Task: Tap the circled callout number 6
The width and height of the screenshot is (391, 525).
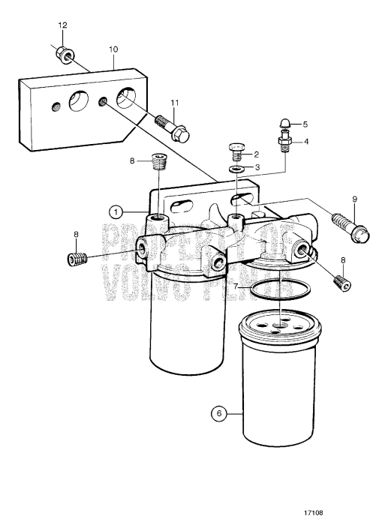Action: pyautogui.click(x=218, y=412)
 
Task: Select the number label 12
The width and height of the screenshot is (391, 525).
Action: pyautogui.click(x=62, y=25)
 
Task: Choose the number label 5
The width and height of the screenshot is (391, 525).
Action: pyautogui.click(x=304, y=124)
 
